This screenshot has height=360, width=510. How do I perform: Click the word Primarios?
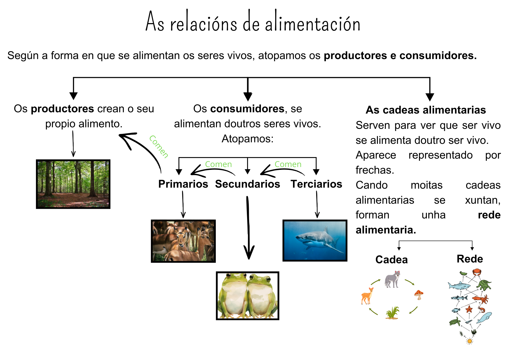(x=183, y=184)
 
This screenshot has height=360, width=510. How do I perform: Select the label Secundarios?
(x=247, y=184)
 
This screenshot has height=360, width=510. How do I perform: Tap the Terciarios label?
(x=316, y=184)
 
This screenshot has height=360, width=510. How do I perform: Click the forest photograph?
(x=73, y=184)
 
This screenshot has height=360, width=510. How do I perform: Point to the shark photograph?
(x=315, y=241)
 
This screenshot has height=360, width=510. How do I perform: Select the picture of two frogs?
(x=247, y=296)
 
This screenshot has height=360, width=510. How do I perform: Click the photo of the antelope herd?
(x=183, y=241)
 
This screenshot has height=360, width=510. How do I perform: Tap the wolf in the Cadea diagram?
(x=392, y=279)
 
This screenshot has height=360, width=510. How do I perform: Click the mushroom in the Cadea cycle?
(x=419, y=295)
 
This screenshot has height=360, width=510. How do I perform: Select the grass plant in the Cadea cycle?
(x=392, y=313)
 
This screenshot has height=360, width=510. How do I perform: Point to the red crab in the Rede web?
(x=477, y=272)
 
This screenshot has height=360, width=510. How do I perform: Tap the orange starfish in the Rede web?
(x=469, y=309)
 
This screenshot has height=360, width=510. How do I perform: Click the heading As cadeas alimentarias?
(x=426, y=110)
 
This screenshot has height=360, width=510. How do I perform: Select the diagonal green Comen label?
(x=159, y=147)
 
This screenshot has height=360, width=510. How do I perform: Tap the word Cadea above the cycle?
(x=391, y=260)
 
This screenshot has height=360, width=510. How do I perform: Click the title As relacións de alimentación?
(x=252, y=22)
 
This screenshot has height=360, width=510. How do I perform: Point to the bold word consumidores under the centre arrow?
(x=247, y=109)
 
